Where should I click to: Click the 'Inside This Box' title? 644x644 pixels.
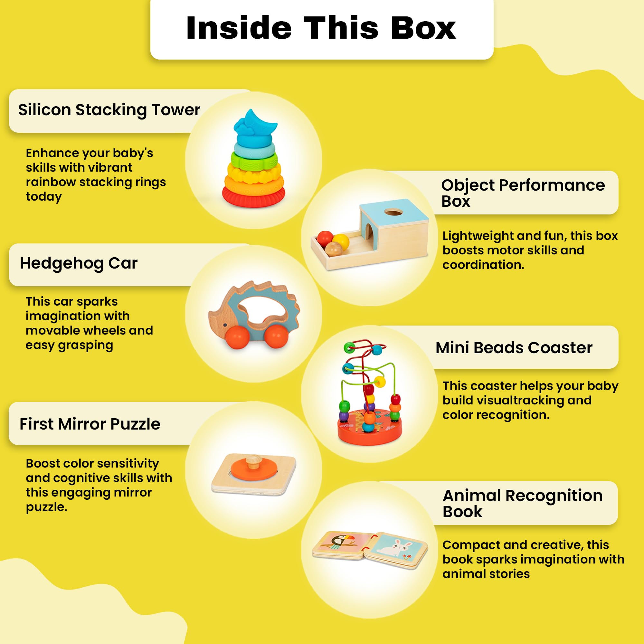click(321, 28)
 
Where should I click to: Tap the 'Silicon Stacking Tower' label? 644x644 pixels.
click(109, 110)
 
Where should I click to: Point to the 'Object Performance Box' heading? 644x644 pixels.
click(522, 193)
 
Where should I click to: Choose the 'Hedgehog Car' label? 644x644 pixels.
click(79, 263)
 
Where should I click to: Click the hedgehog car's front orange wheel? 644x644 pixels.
click(237, 337)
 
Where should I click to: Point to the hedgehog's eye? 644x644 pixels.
click(226, 324)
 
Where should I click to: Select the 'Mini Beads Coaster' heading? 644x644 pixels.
click(514, 348)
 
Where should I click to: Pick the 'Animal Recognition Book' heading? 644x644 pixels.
click(522, 504)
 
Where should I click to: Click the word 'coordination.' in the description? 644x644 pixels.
click(483, 265)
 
